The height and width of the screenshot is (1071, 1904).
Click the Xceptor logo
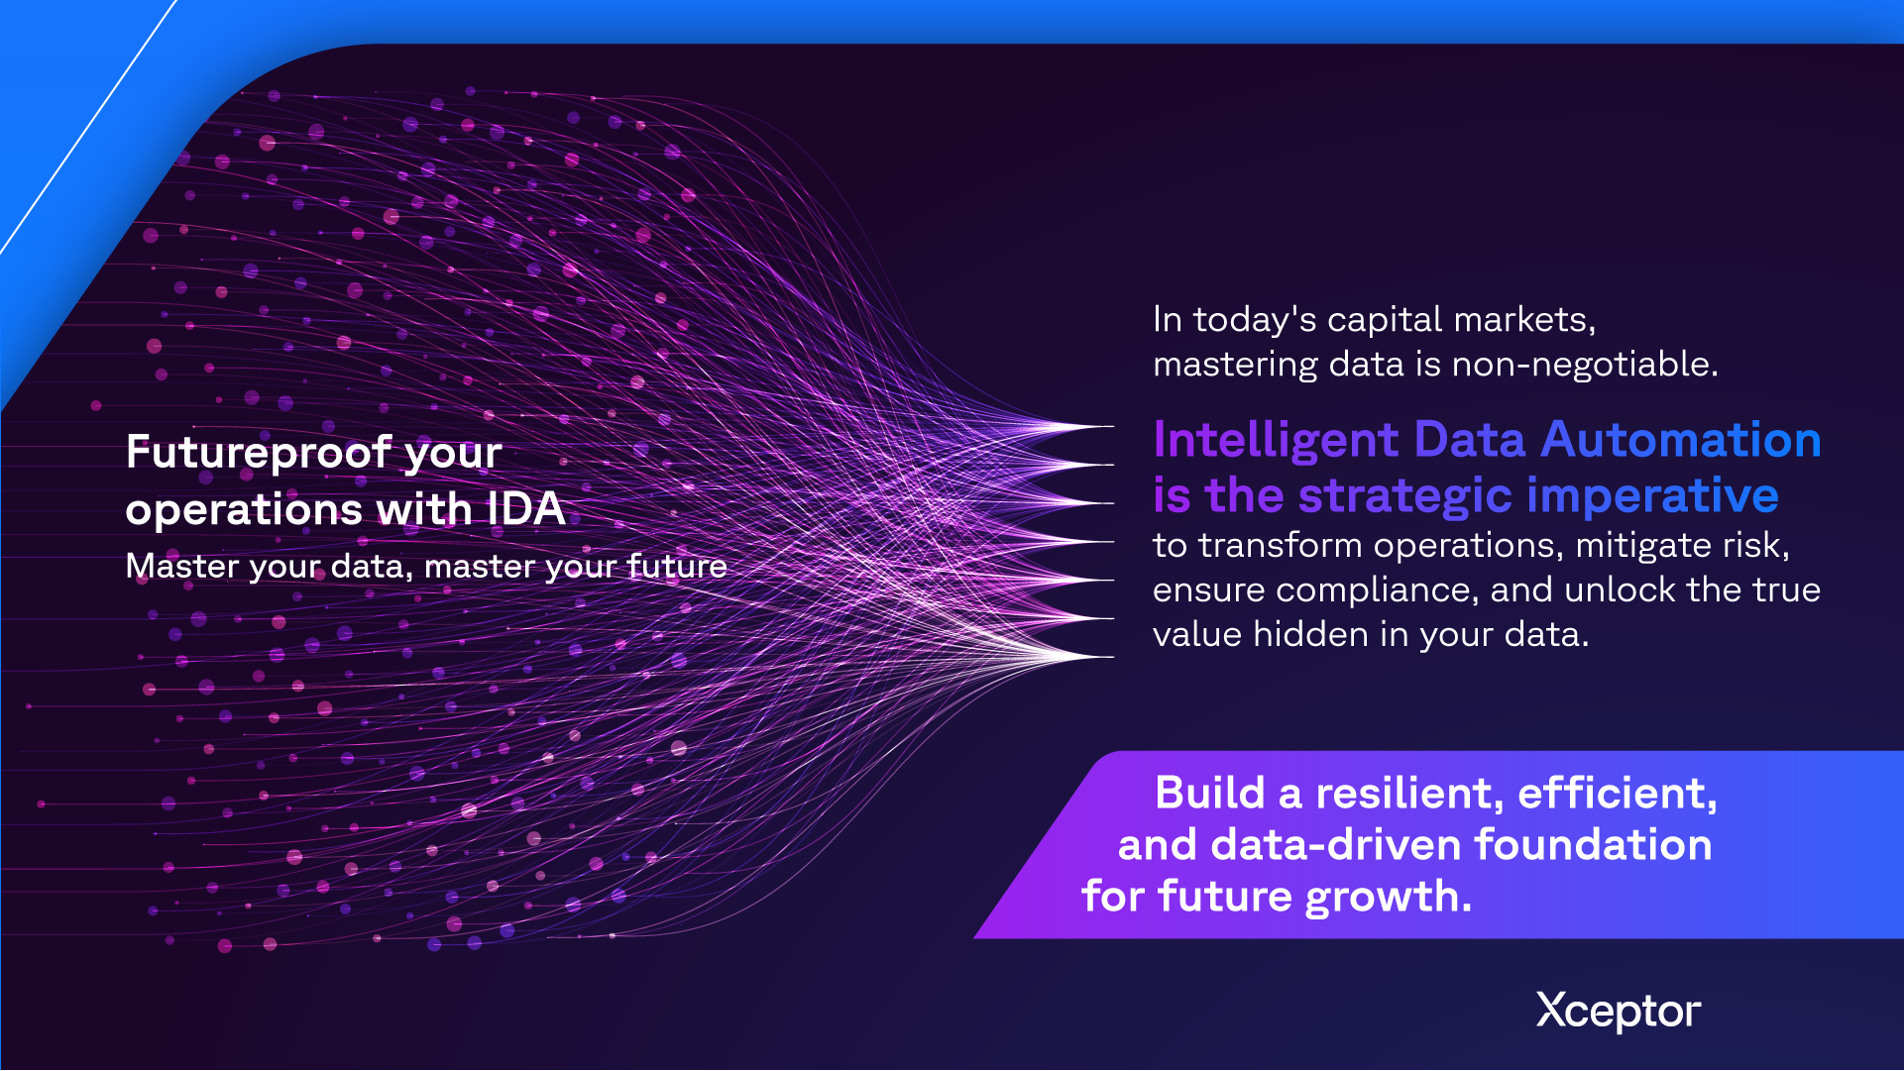tap(1618, 1012)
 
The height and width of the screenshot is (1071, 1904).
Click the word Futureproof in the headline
tap(259, 453)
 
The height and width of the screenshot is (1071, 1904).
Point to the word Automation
tap(1682, 440)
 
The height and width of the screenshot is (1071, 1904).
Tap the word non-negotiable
tap(1585, 365)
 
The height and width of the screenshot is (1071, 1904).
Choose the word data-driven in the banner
tap(1336, 845)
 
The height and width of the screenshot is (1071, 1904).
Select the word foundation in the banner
tap(1594, 845)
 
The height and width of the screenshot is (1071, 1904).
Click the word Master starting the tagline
tap(182, 566)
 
